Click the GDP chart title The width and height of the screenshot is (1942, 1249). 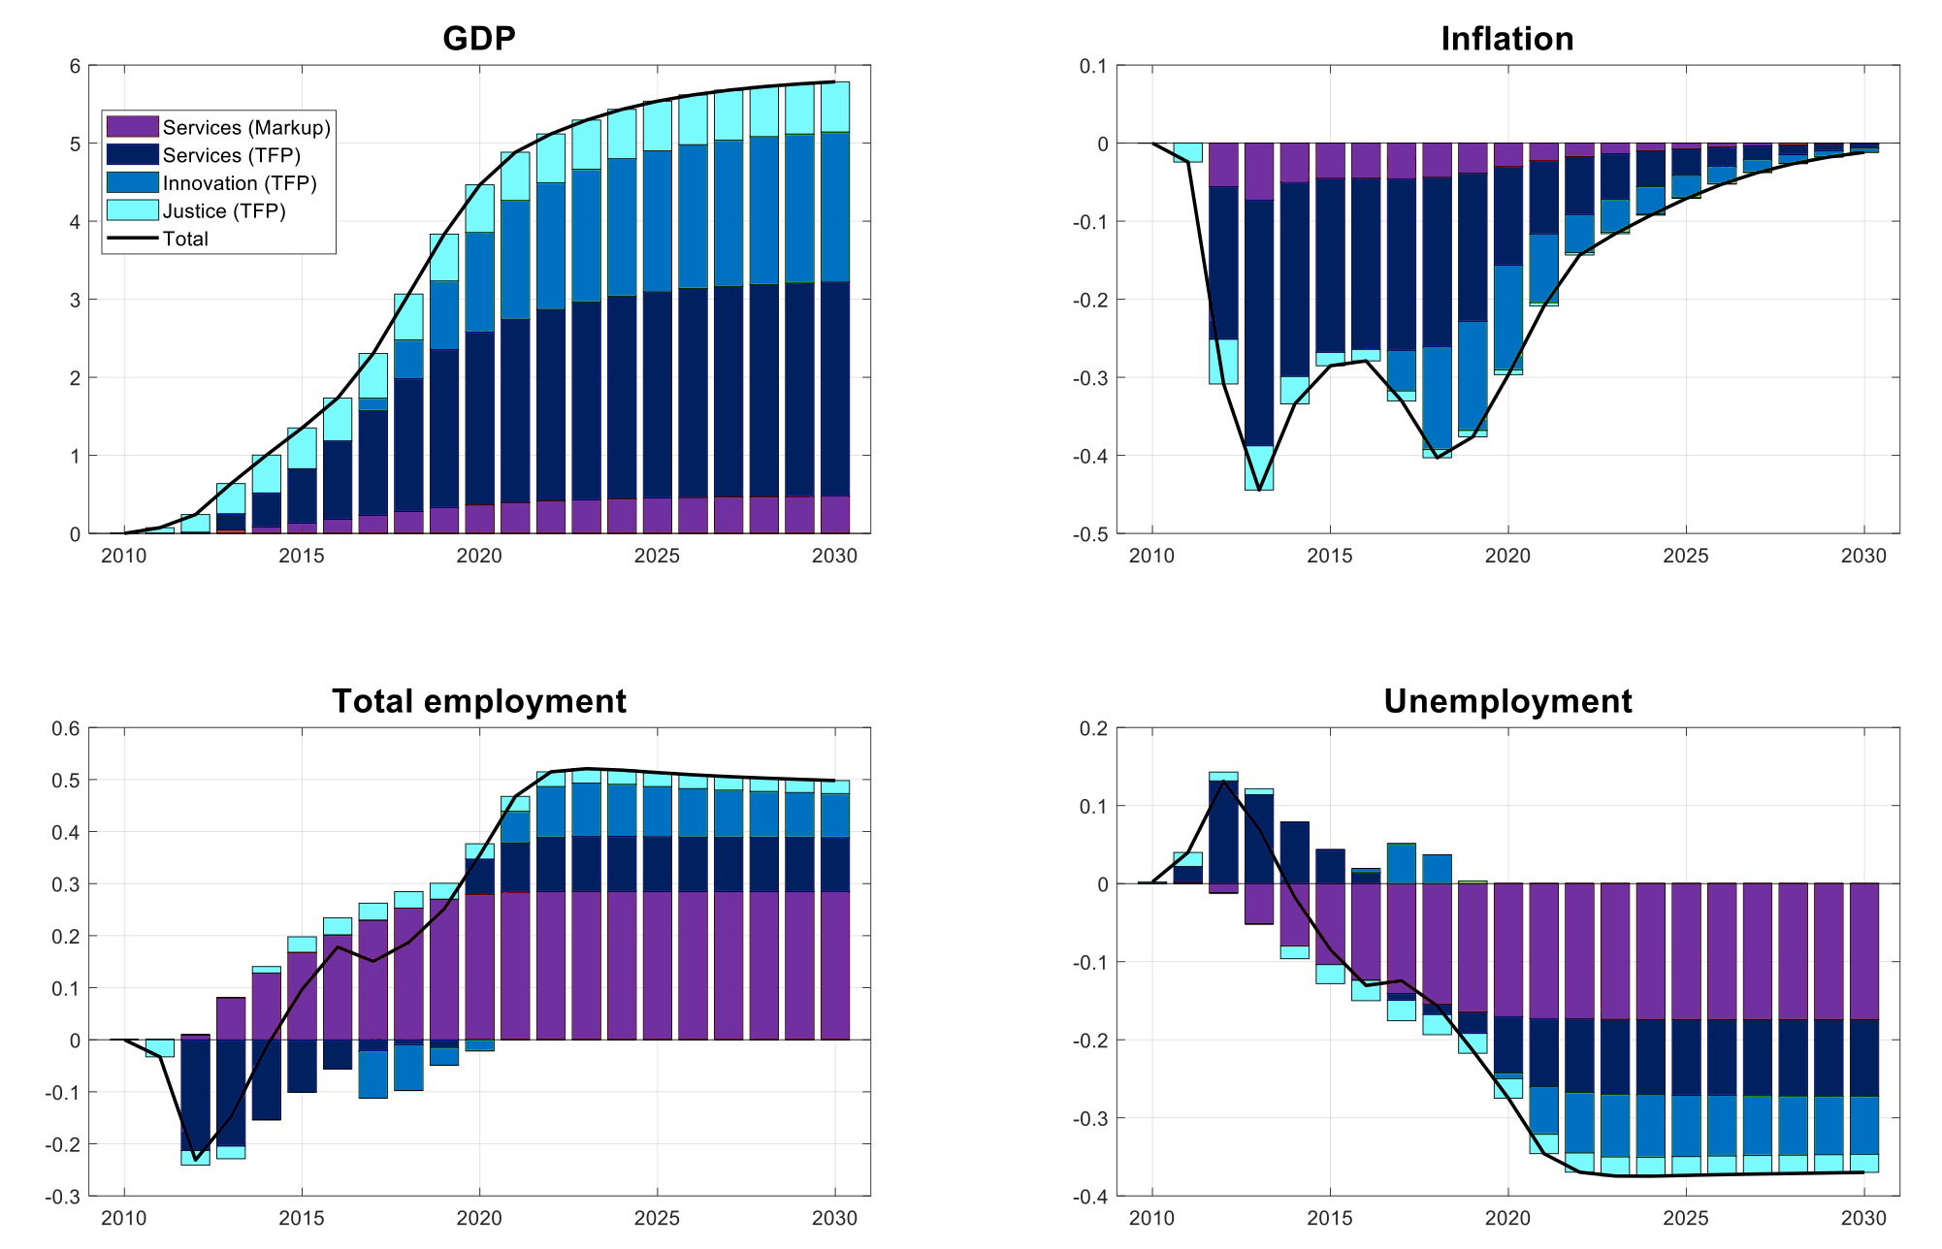tap(478, 39)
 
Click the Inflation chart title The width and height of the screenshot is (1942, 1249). tap(1506, 39)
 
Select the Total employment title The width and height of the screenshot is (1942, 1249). tap(478, 701)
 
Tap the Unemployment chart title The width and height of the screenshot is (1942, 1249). tap(1506, 701)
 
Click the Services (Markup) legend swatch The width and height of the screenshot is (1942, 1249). tap(132, 127)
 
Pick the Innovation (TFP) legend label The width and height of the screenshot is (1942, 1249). tap(240, 183)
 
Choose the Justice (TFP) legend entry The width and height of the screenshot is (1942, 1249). tap(224, 211)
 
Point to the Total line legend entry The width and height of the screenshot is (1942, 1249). tap(184, 239)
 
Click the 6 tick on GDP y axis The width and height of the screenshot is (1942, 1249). tap(74, 66)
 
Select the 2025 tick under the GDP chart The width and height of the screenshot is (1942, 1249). tap(657, 557)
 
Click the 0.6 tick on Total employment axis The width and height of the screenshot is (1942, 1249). tap(66, 728)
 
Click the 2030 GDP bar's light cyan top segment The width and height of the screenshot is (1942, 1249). tap(835, 107)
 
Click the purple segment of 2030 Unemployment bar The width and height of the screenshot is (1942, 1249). tap(1863, 950)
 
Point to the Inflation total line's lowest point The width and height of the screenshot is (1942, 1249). tap(1258, 490)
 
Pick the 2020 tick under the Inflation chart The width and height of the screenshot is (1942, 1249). tap(1506, 557)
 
